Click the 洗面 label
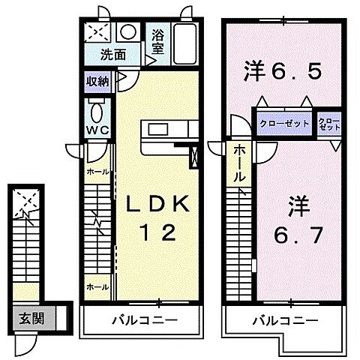click(x=114, y=55)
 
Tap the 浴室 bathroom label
click(x=157, y=41)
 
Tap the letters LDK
click(x=160, y=204)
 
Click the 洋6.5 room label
click(x=283, y=72)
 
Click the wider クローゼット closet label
click(x=283, y=124)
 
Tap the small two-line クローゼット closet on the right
click(x=328, y=124)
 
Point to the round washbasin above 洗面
click(x=129, y=33)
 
